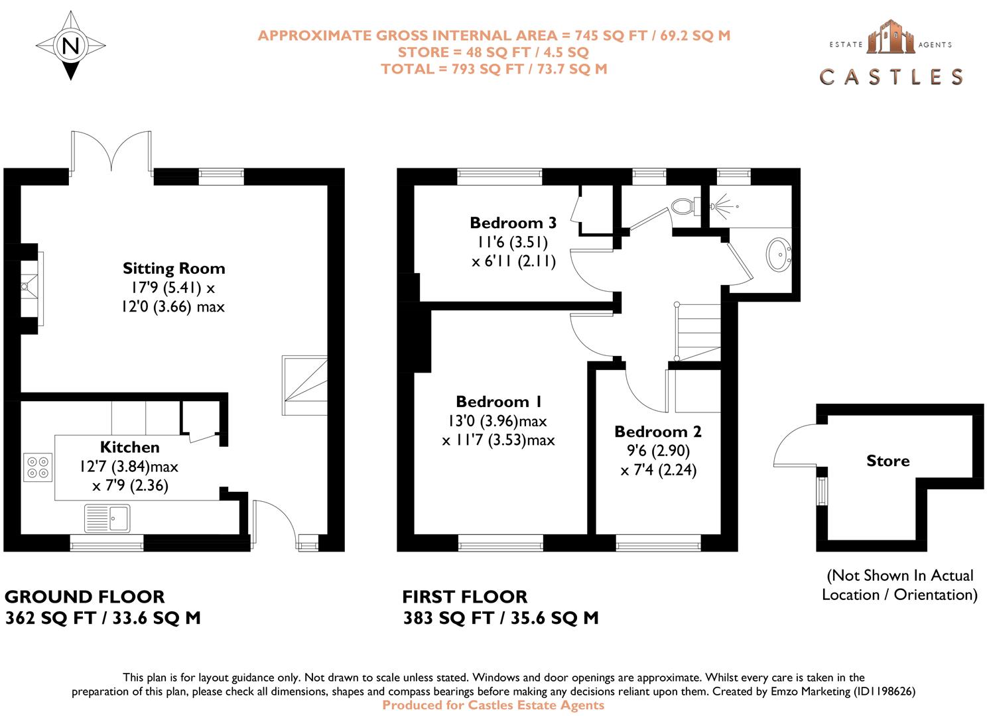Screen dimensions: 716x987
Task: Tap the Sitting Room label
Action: [x=174, y=268]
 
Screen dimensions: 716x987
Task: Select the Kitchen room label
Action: [x=129, y=447]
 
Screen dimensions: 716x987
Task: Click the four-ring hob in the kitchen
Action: [x=38, y=467]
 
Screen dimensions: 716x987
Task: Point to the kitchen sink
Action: [x=108, y=518]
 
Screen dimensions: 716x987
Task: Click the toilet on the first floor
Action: [x=683, y=206]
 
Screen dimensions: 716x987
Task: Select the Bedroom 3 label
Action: [x=513, y=223]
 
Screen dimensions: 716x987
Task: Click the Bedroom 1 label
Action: [x=499, y=402]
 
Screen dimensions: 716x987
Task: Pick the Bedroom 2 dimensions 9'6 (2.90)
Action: [x=658, y=451]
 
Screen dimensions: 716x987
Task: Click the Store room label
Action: [x=888, y=461]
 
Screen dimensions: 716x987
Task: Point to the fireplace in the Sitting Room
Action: [x=29, y=288]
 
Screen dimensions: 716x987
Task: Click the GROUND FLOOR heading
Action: [x=85, y=597]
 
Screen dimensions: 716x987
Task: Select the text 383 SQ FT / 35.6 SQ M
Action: [x=501, y=618]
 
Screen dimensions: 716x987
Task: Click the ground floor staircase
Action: [x=305, y=386]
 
